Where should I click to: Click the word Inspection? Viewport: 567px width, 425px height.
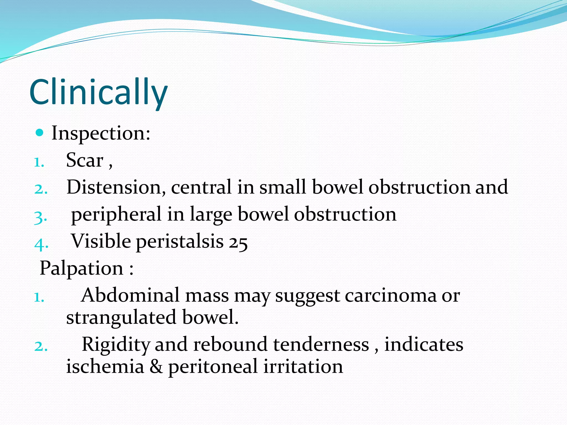click(x=101, y=134)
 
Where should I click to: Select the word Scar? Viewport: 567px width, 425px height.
click(x=84, y=160)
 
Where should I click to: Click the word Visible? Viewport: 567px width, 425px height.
click(x=101, y=241)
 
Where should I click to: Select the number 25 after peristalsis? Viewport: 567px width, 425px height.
click(x=238, y=242)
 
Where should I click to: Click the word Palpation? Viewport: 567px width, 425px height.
click(x=81, y=268)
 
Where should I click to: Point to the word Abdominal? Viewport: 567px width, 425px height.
click(x=130, y=295)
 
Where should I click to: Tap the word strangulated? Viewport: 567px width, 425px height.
click(x=121, y=317)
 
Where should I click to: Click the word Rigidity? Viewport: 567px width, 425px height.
click(x=116, y=345)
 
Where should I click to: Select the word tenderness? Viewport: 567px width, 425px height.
click(x=321, y=345)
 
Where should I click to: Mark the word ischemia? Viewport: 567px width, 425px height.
click(x=105, y=366)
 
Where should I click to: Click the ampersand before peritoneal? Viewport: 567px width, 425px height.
click(x=156, y=366)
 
